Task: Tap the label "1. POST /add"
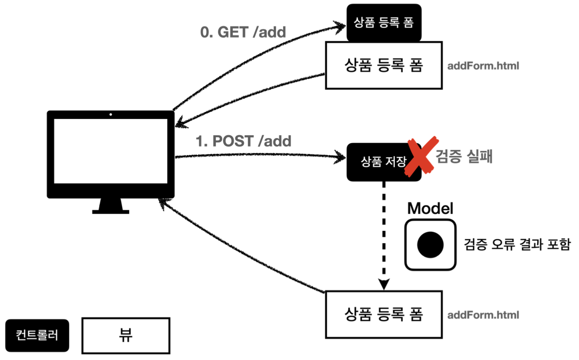[243, 141]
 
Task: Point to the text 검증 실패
[464, 158]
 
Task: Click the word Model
[430, 208]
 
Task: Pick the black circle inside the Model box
[430, 244]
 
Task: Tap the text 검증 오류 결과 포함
[517, 244]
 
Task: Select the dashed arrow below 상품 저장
[384, 233]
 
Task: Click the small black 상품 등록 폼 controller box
[383, 23]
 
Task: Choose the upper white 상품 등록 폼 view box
[383, 65]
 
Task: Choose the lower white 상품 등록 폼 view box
[383, 314]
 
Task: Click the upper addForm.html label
[483, 66]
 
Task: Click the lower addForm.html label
[483, 315]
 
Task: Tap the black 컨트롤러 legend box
[37, 335]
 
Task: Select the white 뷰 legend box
[126, 335]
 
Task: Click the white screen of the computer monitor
[110, 151]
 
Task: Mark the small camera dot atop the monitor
[110, 114]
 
